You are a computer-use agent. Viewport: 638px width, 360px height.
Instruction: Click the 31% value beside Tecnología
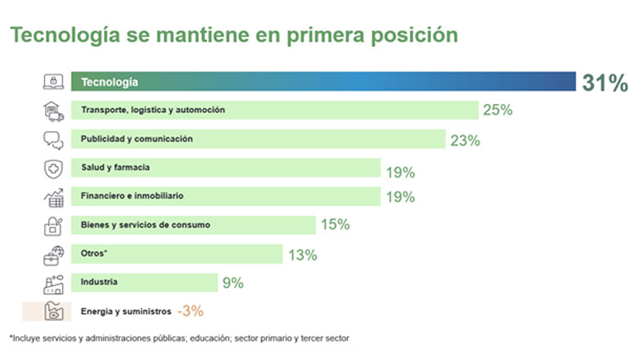pos(604,82)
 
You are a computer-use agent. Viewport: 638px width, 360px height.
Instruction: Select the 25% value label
pos(497,110)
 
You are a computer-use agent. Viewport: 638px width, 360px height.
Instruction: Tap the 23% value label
pos(465,140)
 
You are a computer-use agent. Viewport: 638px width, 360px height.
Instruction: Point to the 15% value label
pos(335,224)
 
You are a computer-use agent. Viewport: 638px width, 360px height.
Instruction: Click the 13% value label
pos(302,254)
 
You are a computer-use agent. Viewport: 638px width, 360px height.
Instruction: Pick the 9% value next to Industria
pos(232,283)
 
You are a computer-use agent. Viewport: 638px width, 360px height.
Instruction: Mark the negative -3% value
pos(190,311)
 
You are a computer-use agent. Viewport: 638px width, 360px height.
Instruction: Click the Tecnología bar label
pos(109,82)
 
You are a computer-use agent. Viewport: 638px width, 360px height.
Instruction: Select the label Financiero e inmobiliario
pos(132,196)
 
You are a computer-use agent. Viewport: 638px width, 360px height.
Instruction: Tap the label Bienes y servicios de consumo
pos(145,225)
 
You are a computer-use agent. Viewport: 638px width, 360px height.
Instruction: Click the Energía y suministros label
pos(125,311)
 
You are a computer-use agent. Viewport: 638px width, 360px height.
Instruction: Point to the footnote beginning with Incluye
pos(180,338)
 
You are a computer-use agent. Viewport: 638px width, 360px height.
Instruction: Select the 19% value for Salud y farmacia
pos(400,172)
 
